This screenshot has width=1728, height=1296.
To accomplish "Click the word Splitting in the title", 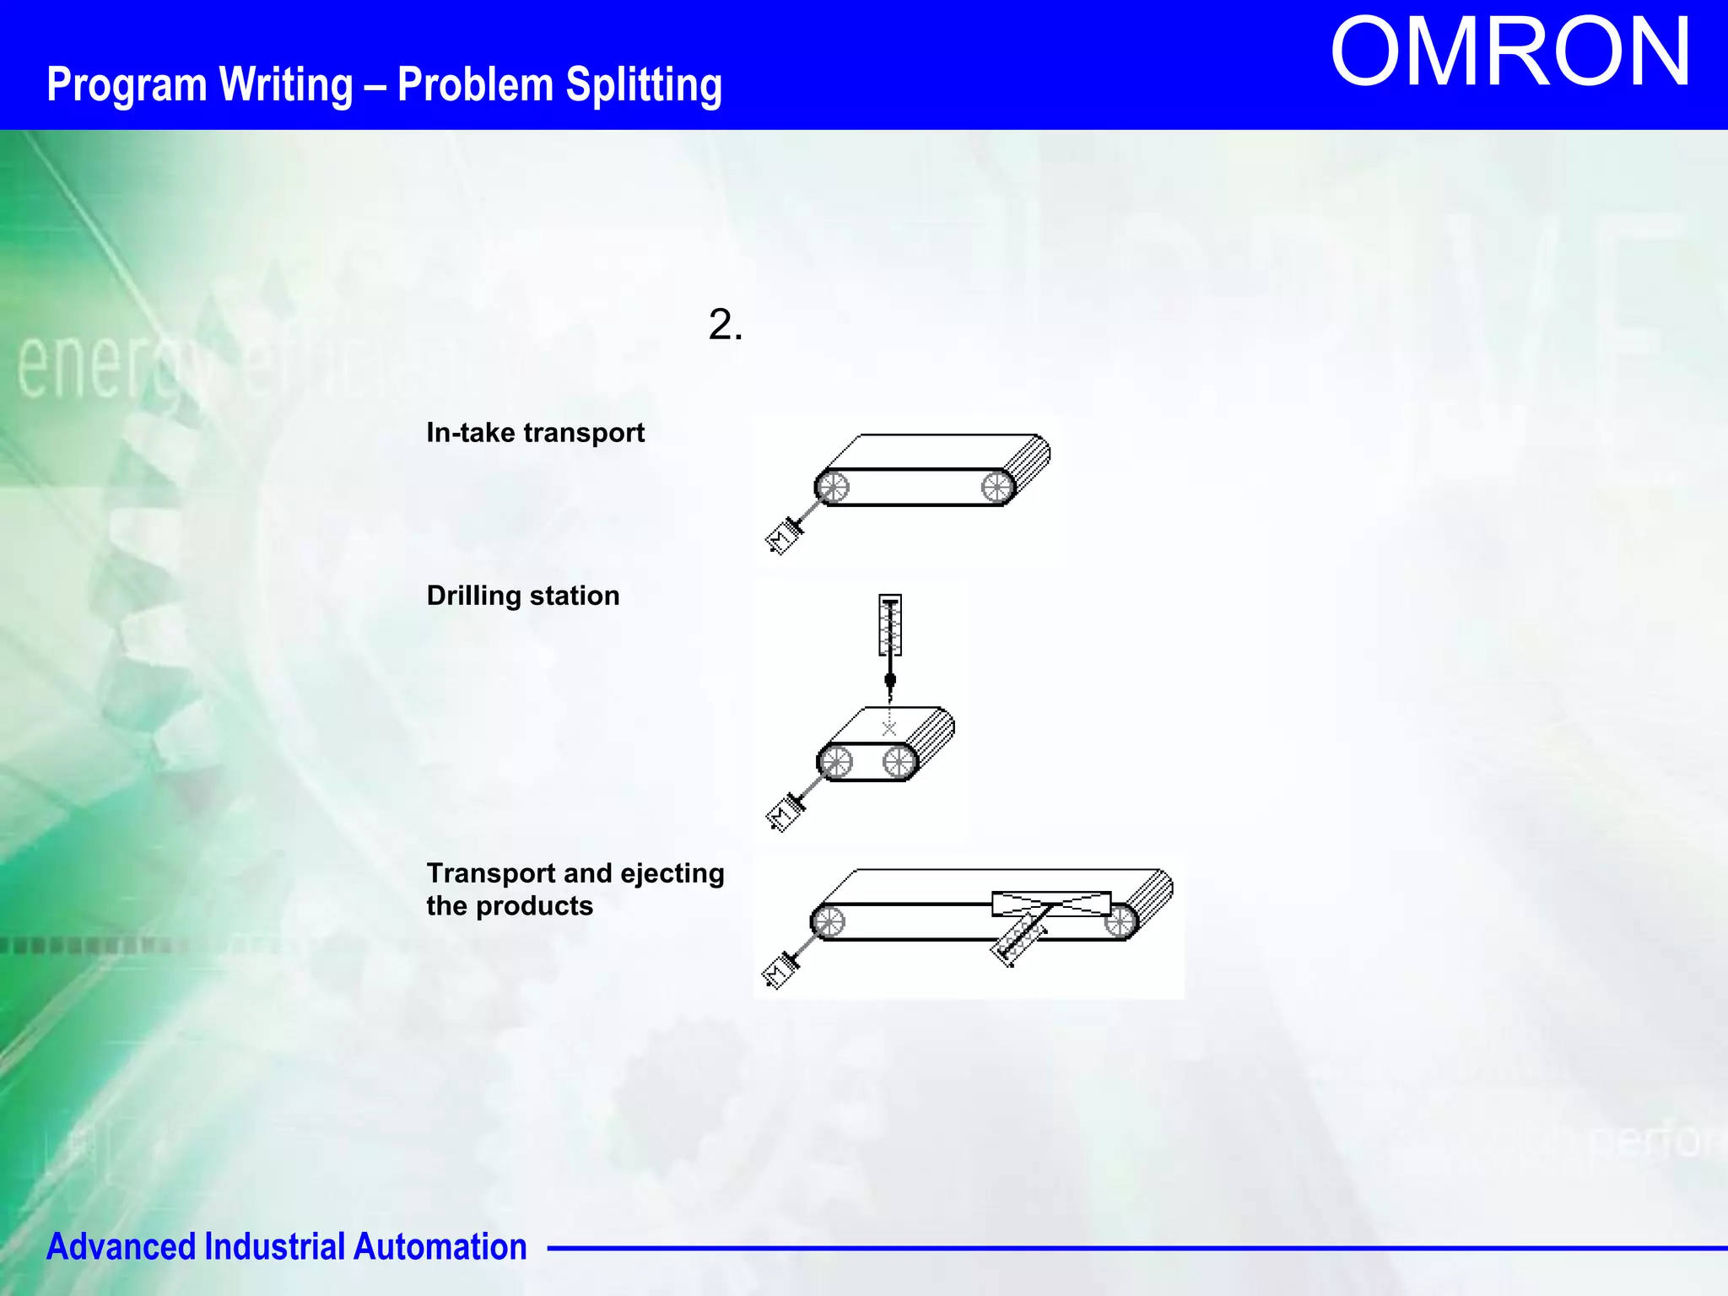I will (x=643, y=85).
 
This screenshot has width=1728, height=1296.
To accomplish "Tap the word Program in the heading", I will (x=127, y=85).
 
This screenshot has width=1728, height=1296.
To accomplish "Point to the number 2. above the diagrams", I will (x=725, y=325).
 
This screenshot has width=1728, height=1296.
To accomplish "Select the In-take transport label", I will (x=535, y=433).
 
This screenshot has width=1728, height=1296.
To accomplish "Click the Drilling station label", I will (x=523, y=596).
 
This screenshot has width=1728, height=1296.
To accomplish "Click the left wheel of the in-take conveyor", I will (x=833, y=487).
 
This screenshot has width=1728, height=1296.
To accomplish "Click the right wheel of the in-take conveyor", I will (x=996, y=487).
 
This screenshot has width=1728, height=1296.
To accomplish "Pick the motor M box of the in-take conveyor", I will (x=782, y=538).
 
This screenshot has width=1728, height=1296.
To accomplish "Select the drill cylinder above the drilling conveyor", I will (x=890, y=625).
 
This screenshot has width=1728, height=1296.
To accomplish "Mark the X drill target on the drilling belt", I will (x=889, y=729).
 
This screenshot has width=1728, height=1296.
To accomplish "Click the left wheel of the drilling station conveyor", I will (x=835, y=763).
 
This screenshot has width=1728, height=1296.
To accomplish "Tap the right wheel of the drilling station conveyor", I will (x=899, y=763).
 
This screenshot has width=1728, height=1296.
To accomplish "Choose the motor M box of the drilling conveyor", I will (x=784, y=816).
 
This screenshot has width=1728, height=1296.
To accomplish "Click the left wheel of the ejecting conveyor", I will (x=828, y=921).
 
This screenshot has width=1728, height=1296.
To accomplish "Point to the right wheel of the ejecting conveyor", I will (x=1120, y=921).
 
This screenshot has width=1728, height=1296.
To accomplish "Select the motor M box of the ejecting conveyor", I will (x=778, y=974).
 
